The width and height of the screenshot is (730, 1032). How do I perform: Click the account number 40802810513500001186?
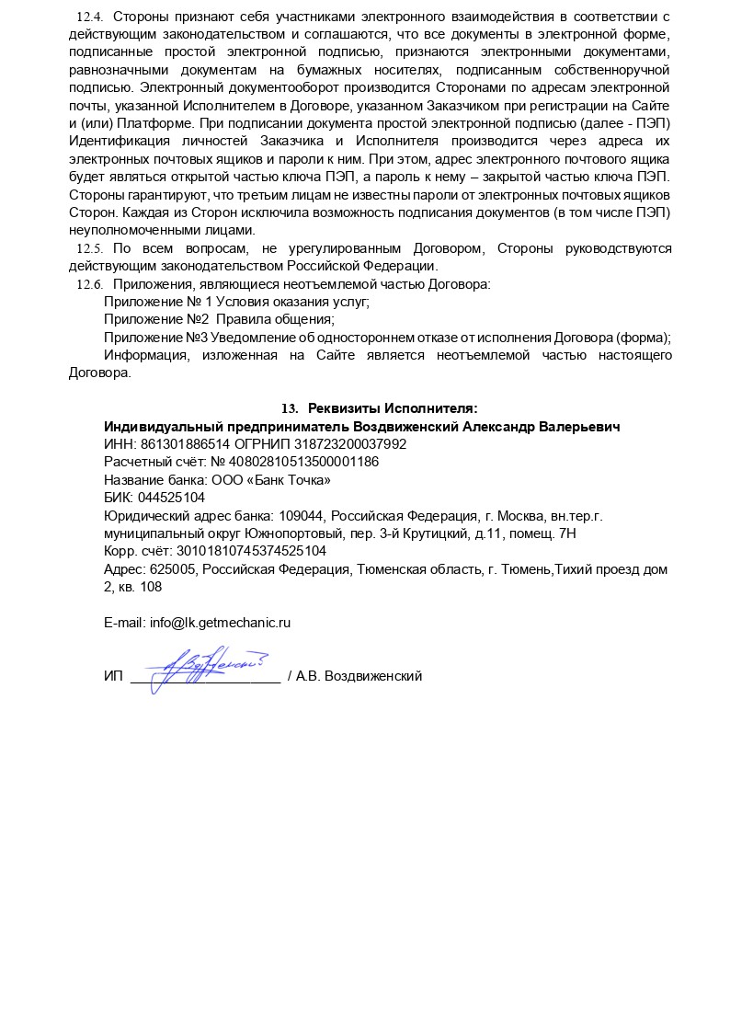pyautogui.click(x=303, y=462)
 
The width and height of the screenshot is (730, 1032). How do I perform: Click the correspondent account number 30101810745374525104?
pyautogui.click(x=251, y=551)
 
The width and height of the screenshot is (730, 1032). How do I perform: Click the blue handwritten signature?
pyautogui.click(x=206, y=664)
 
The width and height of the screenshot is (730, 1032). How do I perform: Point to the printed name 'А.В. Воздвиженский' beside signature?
pyautogui.click(x=359, y=676)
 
